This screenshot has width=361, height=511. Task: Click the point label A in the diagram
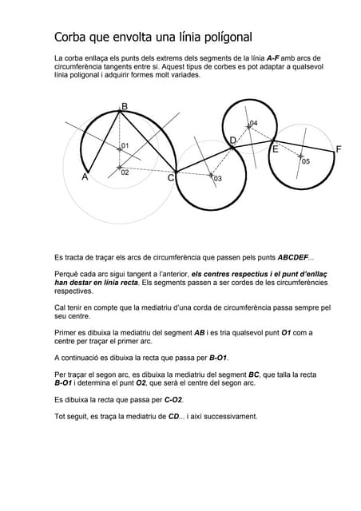[85, 177]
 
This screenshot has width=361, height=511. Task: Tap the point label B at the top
[124, 105]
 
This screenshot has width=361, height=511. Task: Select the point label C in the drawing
[171, 178]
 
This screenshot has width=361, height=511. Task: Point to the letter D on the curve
[232, 141]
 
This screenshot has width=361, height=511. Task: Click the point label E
[276, 149]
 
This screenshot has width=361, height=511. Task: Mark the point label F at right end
[339, 149]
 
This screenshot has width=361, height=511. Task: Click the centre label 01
[125, 145]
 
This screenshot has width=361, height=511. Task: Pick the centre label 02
[125, 172]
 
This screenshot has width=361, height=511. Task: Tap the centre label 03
[218, 179]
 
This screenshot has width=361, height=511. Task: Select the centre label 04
[253, 123]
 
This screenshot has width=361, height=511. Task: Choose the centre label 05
[306, 161]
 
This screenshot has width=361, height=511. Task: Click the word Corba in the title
[73, 37]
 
